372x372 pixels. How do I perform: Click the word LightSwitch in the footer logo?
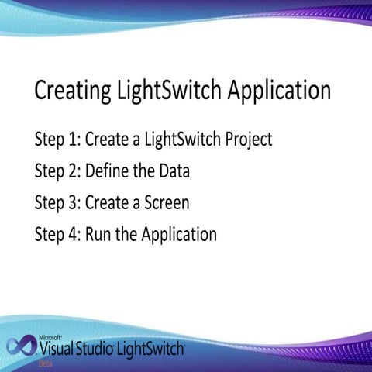click(x=149, y=349)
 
